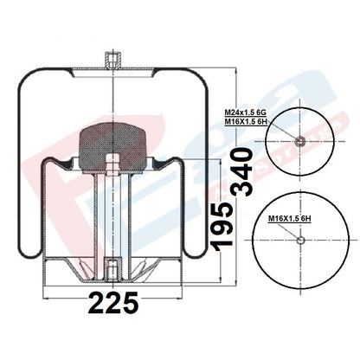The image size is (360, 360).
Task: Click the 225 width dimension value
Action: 113,303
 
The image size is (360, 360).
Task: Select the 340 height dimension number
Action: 242,171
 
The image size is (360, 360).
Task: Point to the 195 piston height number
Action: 222,227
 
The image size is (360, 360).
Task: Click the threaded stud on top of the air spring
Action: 112,60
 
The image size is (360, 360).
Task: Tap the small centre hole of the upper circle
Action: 300,141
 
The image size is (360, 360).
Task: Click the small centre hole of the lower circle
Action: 300,240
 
